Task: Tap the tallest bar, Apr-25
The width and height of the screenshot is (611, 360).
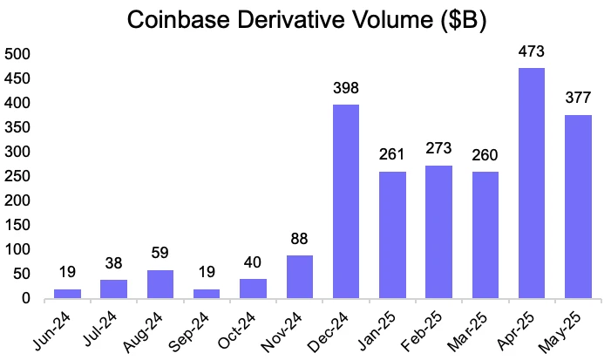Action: [x=532, y=183]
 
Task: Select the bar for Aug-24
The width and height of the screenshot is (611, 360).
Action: [x=160, y=284]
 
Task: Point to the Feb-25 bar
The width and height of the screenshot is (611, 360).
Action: [x=438, y=232]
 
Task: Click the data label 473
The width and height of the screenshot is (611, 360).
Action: [x=532, y=54]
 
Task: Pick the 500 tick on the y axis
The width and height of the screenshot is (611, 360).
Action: [x=17, y=54]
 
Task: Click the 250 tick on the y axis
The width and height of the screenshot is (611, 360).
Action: [x=17, y=176]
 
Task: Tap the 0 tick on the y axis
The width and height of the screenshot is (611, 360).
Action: [x=25, y=298]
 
